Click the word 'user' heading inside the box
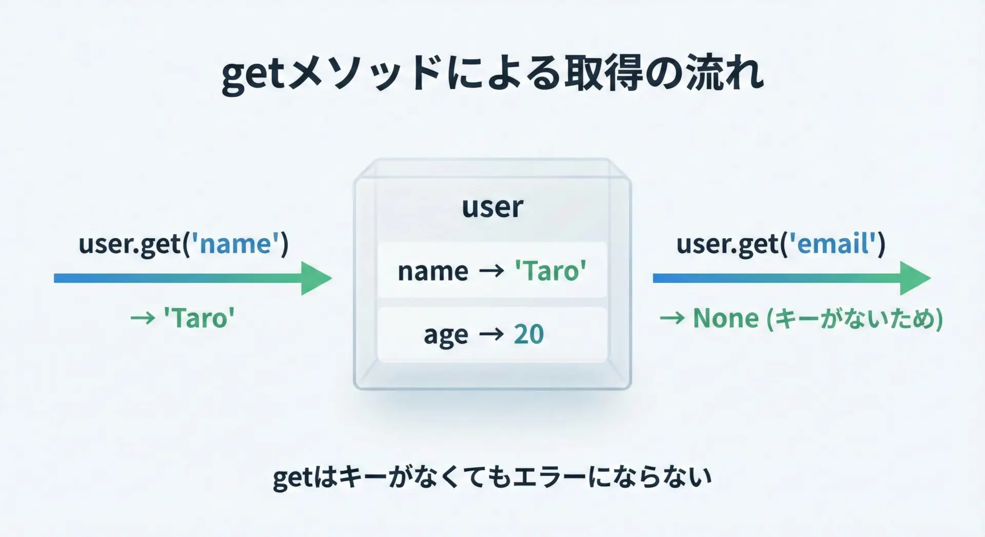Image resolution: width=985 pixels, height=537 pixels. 493,208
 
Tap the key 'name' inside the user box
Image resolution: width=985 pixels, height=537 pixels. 433,271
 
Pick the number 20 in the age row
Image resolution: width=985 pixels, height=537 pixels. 528,334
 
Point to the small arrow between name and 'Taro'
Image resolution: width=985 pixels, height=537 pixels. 491,271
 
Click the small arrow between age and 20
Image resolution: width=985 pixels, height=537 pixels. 491,334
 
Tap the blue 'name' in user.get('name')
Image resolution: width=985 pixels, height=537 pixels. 235,244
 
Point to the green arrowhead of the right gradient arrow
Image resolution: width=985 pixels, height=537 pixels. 915,278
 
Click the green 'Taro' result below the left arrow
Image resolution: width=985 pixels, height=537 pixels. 199,318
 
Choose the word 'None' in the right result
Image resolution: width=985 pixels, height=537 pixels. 725,318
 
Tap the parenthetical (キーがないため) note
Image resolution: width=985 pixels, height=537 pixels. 854,319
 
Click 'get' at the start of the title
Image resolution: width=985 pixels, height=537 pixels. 252,75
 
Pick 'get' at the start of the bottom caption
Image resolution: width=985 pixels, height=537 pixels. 292,479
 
